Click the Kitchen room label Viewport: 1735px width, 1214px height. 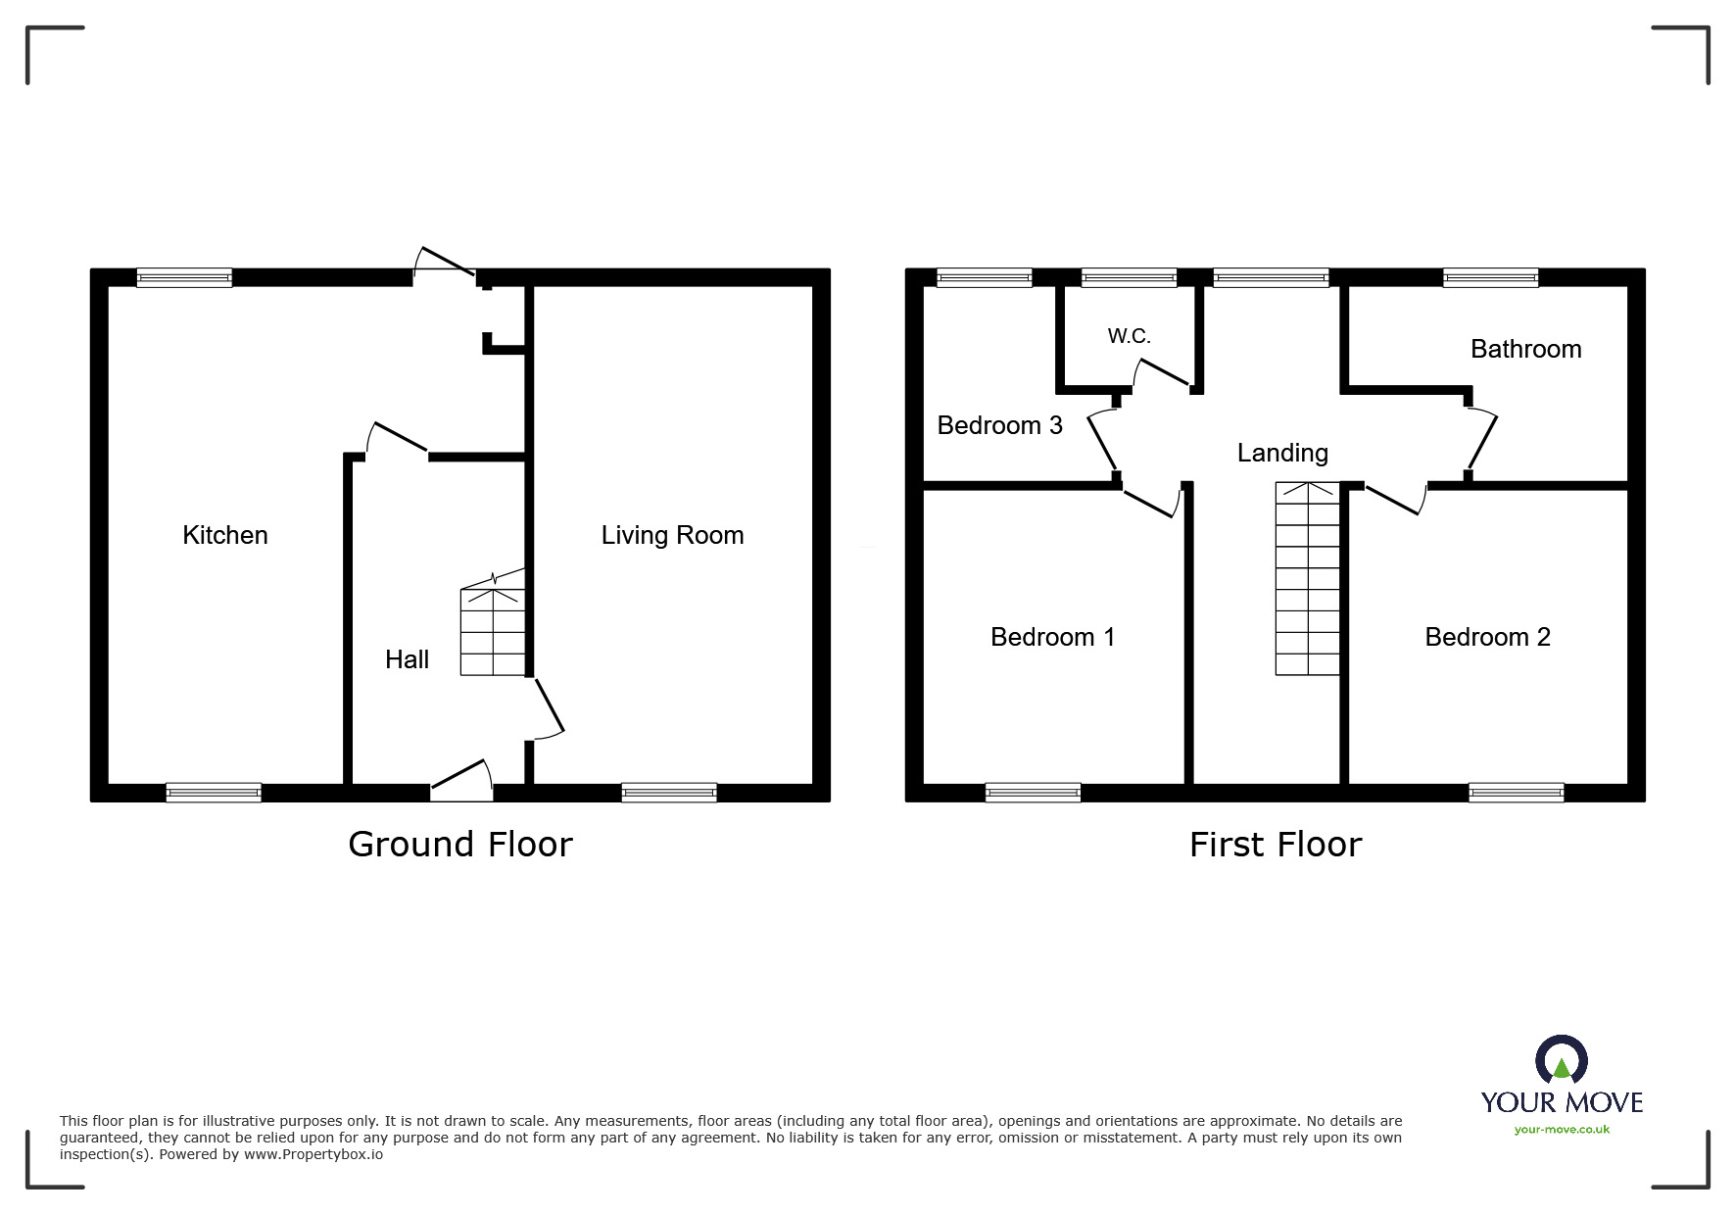(225, 535)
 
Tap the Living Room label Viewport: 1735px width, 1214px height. (672, 535)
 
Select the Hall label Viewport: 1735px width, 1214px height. (407, 659)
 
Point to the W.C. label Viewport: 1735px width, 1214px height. (1129, 336)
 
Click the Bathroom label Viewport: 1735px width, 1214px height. (1525, 349)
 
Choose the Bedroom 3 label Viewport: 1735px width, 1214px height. (999, 425)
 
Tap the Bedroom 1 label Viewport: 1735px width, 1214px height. (1052, 637)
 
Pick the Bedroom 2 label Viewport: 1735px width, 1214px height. (1487, 637)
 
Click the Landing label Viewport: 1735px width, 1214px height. (1282, 453)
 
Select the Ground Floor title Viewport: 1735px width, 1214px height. (460, 845)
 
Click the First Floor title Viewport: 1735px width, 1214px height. (1276, 845)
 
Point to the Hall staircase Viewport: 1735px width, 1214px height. (493, 631)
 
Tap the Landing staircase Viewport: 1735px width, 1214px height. (1307, 578)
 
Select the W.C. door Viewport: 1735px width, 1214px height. (1162, 372)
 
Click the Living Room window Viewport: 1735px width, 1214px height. (669, 793)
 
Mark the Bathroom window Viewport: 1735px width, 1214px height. (1490, 278)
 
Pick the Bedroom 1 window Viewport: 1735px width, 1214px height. (1033, 793)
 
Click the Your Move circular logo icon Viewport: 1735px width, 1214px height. (1561, 1062)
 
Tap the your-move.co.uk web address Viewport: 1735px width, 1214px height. (1562, 1130)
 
